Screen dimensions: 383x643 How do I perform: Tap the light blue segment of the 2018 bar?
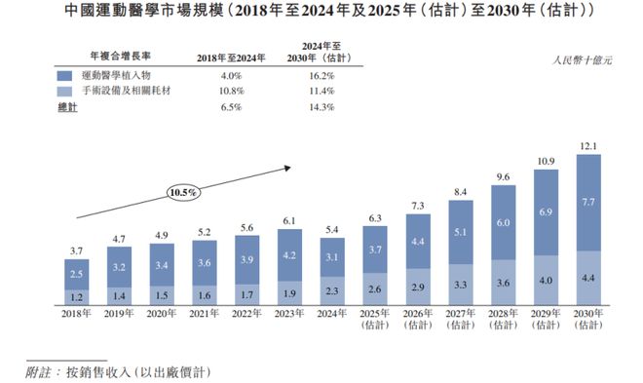[78, 295]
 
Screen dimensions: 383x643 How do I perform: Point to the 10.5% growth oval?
[182, 193]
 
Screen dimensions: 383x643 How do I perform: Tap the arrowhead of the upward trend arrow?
[288, 168]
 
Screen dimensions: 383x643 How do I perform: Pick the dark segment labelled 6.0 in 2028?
[503, 222]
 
